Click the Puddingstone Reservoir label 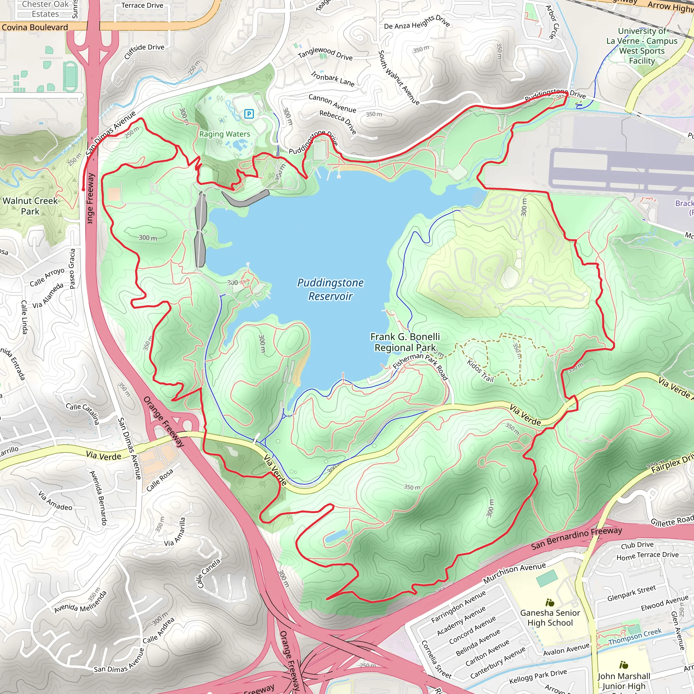tap(330, 289)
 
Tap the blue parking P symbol tap(249, 114)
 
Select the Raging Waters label tap(225, 134)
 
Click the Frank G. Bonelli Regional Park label tap(405, 342)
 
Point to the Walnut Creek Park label tap(30, 206)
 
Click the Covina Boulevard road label tap(35, 27)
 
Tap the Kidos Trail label tap(480, 370)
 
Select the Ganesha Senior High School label tap(550, 618)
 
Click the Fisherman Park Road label tap(420, 365)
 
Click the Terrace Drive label tap(142, 5)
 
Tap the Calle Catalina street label tap(83, 413)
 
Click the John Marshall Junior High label tap(624, 680)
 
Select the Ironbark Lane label tap(333, 79)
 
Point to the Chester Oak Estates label tap(45, 9)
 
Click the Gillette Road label tap(672, 520)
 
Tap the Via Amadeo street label tap(56, 501)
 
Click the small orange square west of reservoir tap(114, 194)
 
